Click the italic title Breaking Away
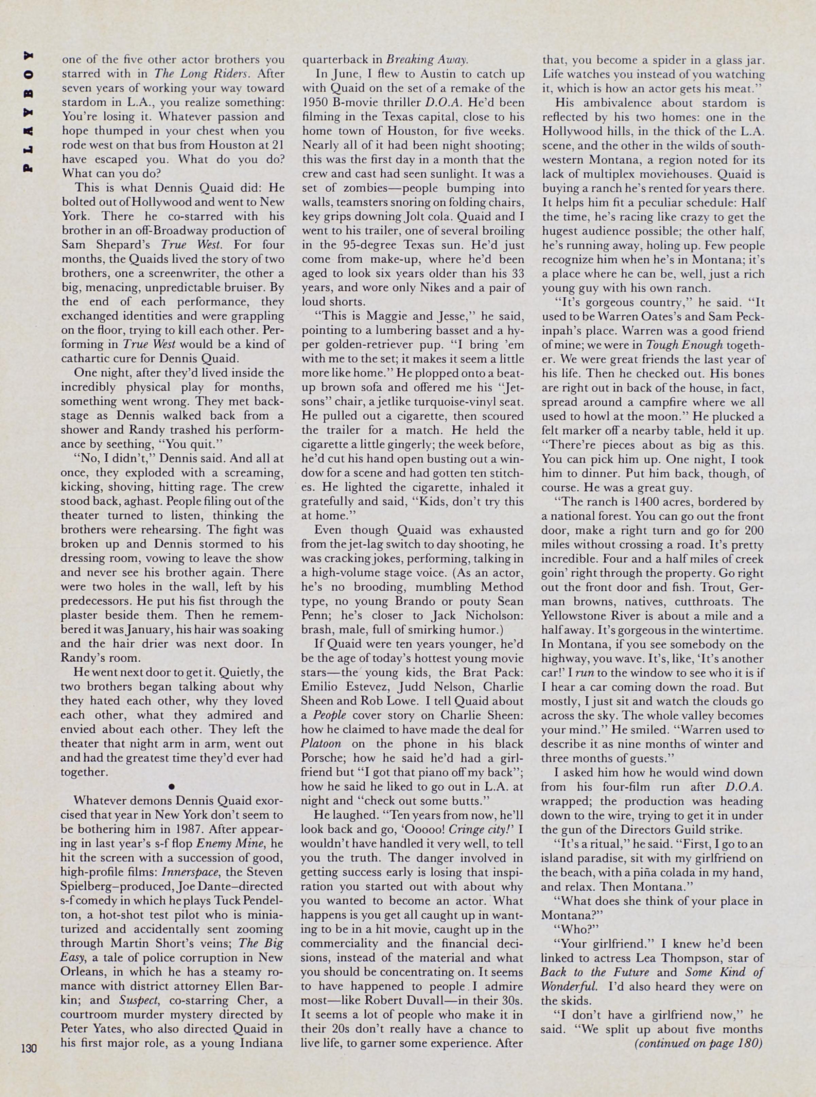pos(426,60)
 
